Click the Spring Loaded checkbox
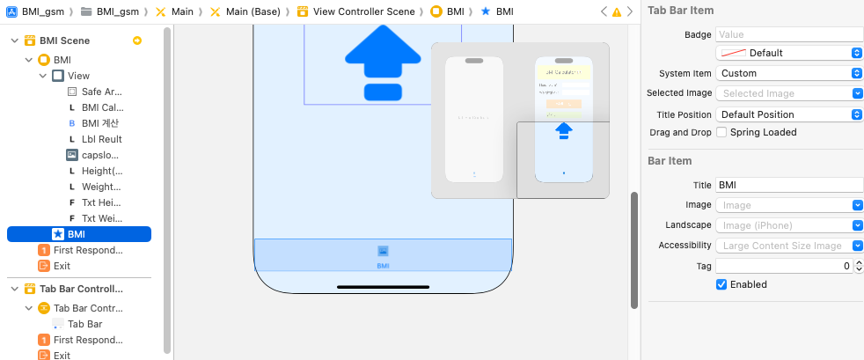(722, 132)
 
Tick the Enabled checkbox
(722, 284)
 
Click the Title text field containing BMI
(788, 185)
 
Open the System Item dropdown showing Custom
(788, 73)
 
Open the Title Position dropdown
(788, 114)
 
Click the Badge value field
(788, 34)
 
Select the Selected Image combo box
(788, 93)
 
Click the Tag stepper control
(857, 266)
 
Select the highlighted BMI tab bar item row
(79, 234)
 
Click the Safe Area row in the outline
(101, 92)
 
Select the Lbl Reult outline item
(101, 139)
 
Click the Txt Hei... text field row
(101, 202)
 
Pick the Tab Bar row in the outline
(84, 324)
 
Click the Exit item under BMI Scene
(62, 266)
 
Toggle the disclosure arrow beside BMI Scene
(14, 40)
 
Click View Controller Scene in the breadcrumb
(363, 11)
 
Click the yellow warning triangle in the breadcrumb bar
(616, 12)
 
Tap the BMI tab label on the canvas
(383, 265)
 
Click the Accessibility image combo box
(788, 246)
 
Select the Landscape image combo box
(788, 225)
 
